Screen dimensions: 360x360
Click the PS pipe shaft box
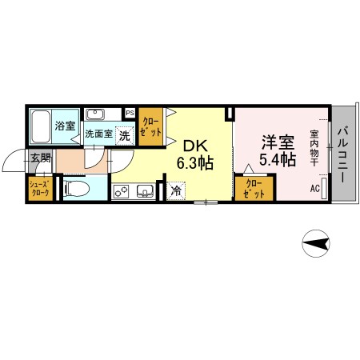[x=130, y=113]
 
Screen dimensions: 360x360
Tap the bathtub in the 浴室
[x=42, y=126]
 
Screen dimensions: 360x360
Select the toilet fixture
[x=76, y=188]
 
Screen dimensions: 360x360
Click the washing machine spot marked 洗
[x=125, y=136]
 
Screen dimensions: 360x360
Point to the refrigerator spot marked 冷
[x=176, y=191]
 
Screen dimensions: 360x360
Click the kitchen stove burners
[x=121, y=191]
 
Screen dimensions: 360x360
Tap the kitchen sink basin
[x=146, y=191]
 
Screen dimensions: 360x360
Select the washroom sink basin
[x=95, y=114]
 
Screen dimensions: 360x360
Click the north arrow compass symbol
[x=316, y=243]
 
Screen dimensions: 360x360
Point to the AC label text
[x=315, y=188]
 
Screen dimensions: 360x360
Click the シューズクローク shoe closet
[x=41, y=188]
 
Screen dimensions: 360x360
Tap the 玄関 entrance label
[x=41, y=158]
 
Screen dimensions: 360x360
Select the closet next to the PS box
[x=150, y=126]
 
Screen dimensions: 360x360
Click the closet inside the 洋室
[x=254, y=188]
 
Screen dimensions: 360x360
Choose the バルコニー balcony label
[x=343, y=155]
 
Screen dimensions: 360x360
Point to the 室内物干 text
[x=314, y=148]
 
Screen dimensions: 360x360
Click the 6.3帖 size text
[x=195, y=163]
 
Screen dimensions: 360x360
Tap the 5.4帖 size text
[x=278, y=160]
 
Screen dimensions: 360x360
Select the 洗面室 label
[x=98, y=134]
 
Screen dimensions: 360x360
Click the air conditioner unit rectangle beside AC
[x=325, y=188]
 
